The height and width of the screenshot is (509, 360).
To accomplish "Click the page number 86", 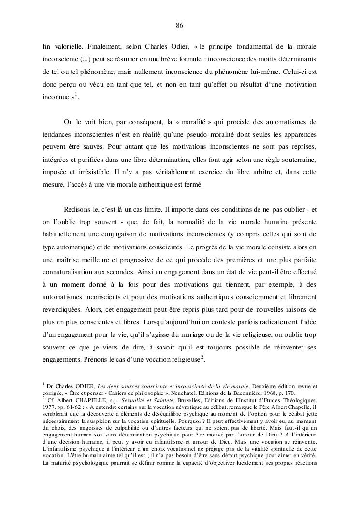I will [x=179, y=25].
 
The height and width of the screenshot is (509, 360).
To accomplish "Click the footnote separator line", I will [x=86, y=379].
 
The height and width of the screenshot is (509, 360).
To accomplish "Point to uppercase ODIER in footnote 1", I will [x=82, y=386].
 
